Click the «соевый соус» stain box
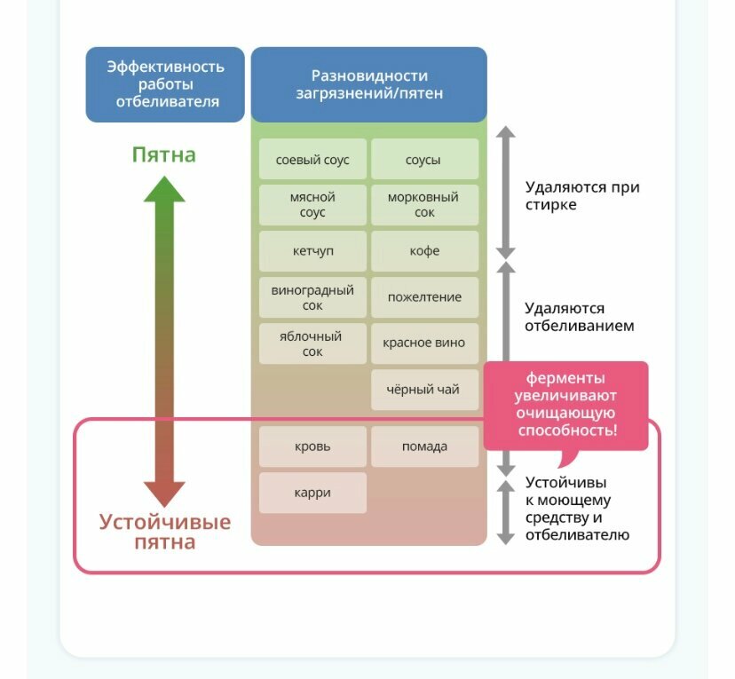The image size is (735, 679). pos(312,160)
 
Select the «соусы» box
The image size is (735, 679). pos(424,160)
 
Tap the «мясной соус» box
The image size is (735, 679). pos(312,205)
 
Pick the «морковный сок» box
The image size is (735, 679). pos(424,205)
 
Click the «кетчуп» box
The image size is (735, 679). pos(312,251)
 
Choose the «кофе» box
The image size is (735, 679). pos(424,251)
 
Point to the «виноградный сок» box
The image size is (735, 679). pos(312,297)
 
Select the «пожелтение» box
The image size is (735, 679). pos(424,297)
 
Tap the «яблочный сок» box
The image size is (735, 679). pos(312,343)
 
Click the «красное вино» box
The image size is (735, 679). pos(424,343)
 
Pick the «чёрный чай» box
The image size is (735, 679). pos(424,390)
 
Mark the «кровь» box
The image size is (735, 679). pos(312,446)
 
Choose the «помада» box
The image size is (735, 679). pos(424,446)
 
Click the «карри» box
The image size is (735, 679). pos(312,493)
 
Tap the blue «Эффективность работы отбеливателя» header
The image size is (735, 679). pos(165,84)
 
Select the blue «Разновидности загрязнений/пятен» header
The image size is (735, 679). pos(369,84)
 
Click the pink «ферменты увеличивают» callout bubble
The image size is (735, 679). pos(565,404)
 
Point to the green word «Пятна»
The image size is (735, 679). pos(164,155)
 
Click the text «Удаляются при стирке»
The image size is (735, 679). pos(581,196)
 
